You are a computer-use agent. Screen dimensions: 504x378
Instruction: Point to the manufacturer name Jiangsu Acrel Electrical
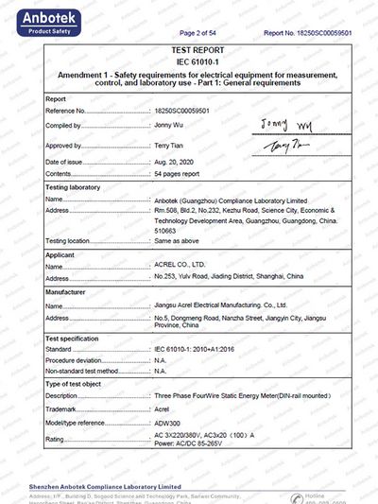click(x=219, y=305)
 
